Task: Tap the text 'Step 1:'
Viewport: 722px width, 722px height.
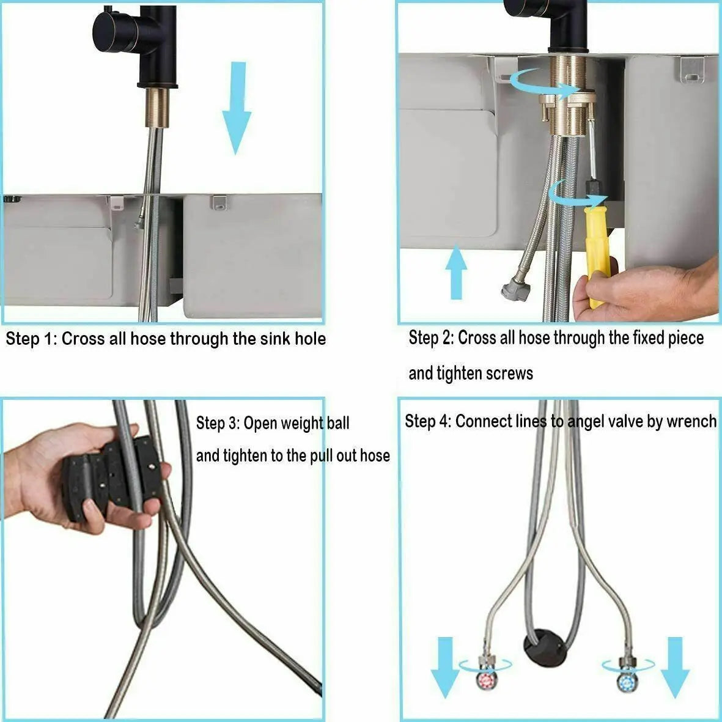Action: pyautogui.click(x=31, y=339)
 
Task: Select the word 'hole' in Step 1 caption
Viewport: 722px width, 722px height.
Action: pyautogui.click(x=308, y=339)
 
